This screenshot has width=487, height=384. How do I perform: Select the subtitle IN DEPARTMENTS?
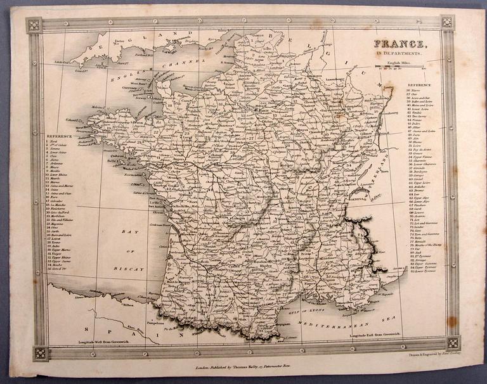pyautogui.click(x=399, y=54)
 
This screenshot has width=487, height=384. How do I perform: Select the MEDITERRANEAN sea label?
pyautogui.click(x=374, y=312)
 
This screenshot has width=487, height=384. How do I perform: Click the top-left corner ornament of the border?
pyautogui.click(x=34, y=25)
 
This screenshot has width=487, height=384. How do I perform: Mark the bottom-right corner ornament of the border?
pyautogui.click(x=452, y=343)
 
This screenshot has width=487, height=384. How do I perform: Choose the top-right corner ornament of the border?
pyautogui.click(x=447, y=22)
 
